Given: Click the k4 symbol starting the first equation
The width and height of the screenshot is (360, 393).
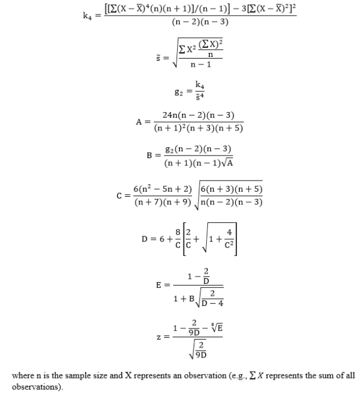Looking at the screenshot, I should (x=89, y=16).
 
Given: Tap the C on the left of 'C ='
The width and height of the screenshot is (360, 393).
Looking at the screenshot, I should (x=120, y=195).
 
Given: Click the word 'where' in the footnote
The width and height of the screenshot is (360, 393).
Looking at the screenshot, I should (x=23, y=376).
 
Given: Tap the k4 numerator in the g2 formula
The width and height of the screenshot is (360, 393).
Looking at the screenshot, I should (x=200, y=85).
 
